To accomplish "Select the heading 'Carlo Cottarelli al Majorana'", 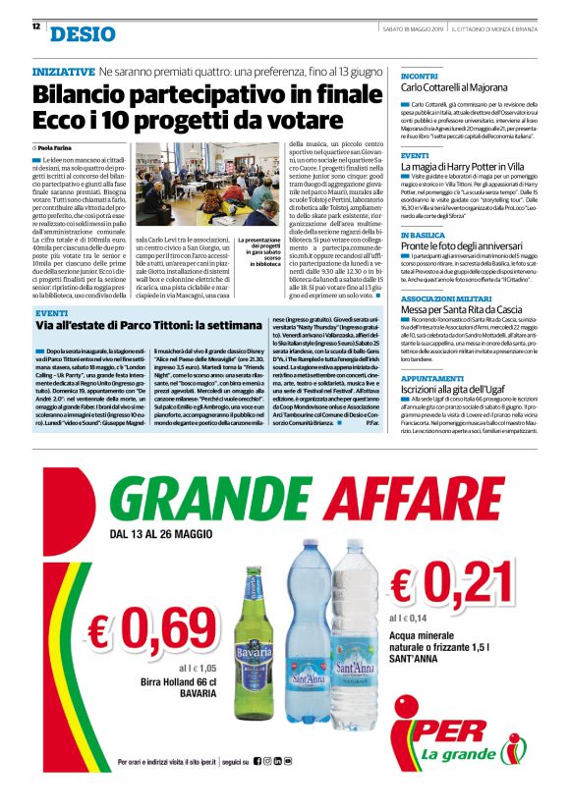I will coord(461,88).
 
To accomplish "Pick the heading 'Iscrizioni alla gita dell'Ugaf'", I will coord(461,390).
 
